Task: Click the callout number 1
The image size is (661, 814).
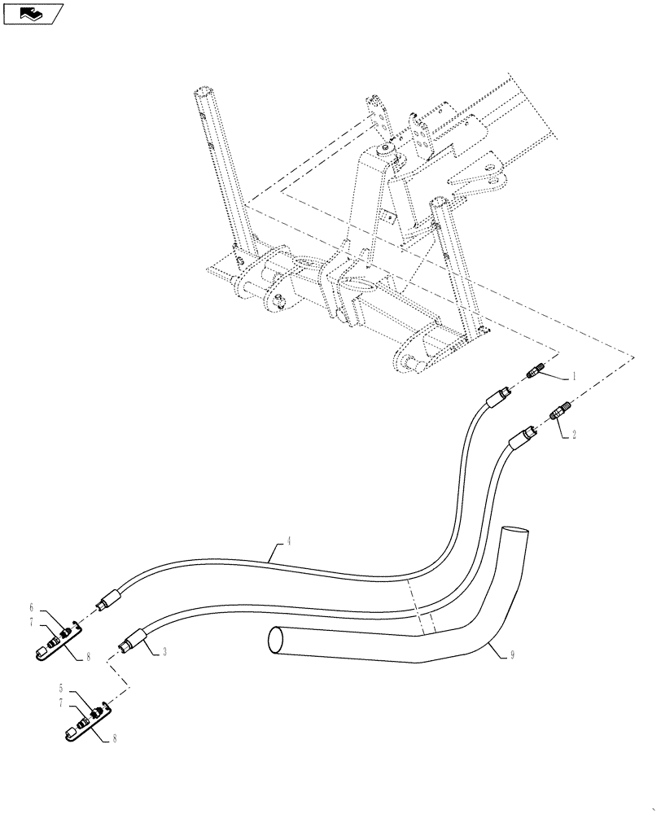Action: [x=574, y=377]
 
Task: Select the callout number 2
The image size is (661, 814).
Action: [x=574, y=435]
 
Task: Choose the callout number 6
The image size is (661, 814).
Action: [x=32, y=607]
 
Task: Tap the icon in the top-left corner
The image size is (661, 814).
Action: [x=32, y=13]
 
